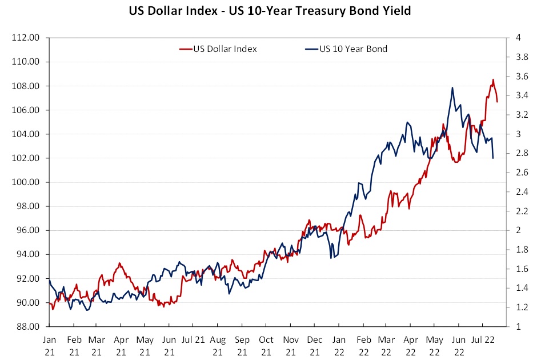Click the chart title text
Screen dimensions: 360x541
point(271,10)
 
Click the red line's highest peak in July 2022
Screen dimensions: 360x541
point(493,79)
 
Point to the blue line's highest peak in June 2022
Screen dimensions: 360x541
point(452,87)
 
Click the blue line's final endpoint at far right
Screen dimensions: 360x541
point(493,158)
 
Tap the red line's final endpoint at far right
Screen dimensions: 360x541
point(498,102)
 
